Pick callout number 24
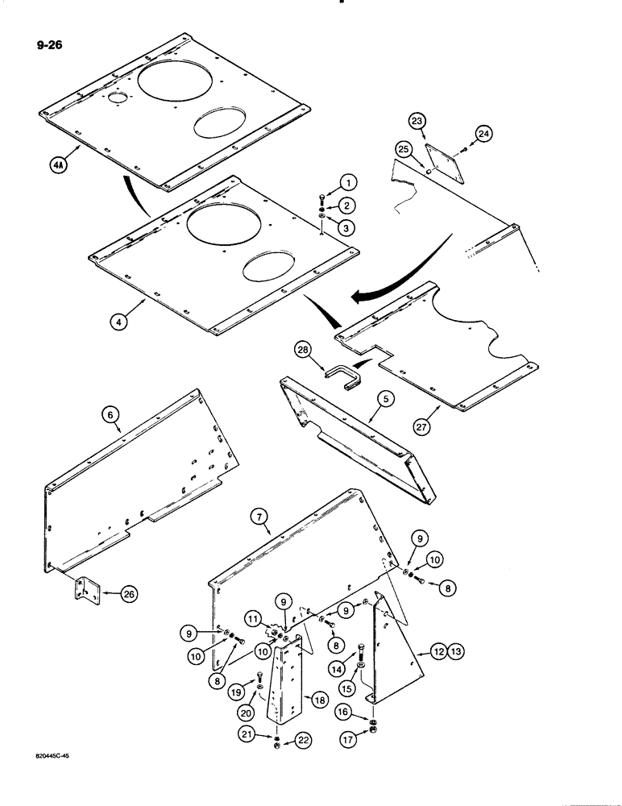pyautogui.click(x=483, y=134)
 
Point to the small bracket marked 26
pyautogui.click(x=85, y=591)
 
